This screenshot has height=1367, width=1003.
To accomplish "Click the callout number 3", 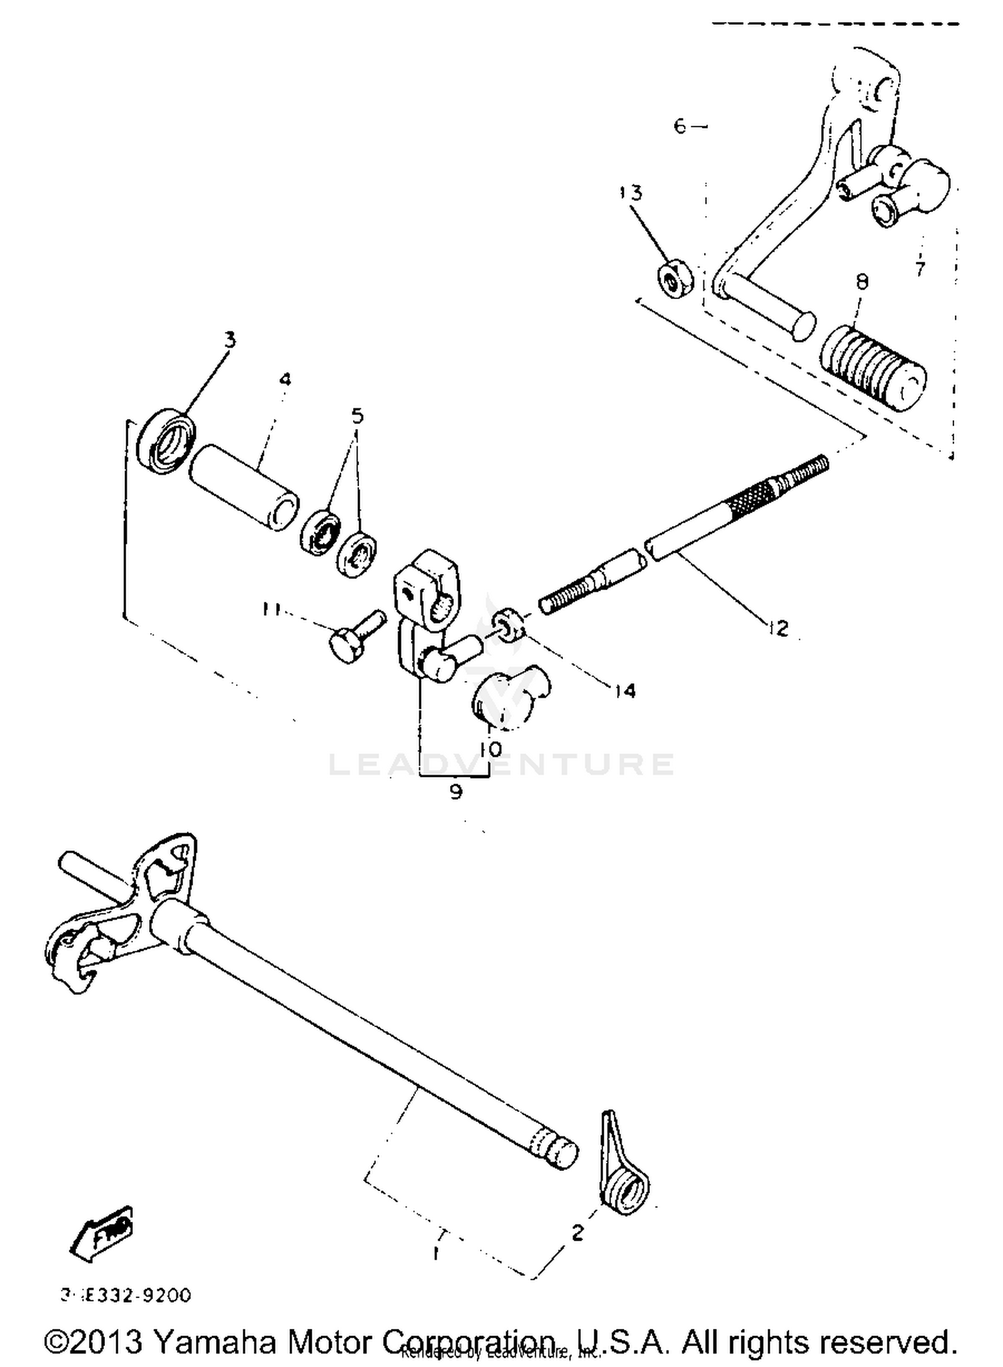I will coord(230,340).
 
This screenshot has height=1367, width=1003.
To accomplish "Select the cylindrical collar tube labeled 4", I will coord(244,487).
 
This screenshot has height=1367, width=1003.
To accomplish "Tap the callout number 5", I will coord(358,416).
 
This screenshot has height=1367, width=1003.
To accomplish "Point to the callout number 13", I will coord(631,193).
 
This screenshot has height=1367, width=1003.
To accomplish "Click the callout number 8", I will coord(862,282).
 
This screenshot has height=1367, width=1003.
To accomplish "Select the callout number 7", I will coord(921,269).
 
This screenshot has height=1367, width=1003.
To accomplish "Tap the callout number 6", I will coord(679,126).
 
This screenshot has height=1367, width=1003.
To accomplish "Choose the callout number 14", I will coord(625,690).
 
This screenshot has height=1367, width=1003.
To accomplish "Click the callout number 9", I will coord(455,792).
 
